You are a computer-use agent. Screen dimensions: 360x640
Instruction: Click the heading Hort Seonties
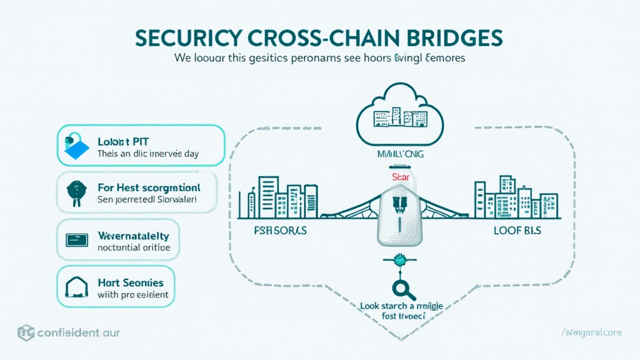point(131,282)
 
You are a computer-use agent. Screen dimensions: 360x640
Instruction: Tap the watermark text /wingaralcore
point(591,332)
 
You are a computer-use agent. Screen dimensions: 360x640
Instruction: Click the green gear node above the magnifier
point(399,261)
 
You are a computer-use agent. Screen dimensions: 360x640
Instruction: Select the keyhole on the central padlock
point(399,206)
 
